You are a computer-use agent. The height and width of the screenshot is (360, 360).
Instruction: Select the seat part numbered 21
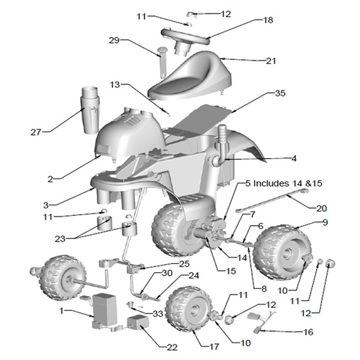click(x=190, y=76)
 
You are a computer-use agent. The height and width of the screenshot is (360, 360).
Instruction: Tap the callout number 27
click(x=36, y=132)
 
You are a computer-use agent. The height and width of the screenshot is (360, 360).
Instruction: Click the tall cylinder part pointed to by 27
click(x=90, y=110)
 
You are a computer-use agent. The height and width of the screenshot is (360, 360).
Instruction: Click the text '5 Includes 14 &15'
click(x=284, y=183)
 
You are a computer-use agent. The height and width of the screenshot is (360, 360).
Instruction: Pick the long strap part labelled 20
click(x=272, y=200)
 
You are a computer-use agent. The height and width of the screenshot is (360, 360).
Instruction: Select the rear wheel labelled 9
click(x=283, y=252)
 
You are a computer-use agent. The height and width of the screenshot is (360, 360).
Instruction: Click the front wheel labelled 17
click(x=188, y=309)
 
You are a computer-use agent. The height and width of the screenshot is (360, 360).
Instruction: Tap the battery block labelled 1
click(x=105, y=310)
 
